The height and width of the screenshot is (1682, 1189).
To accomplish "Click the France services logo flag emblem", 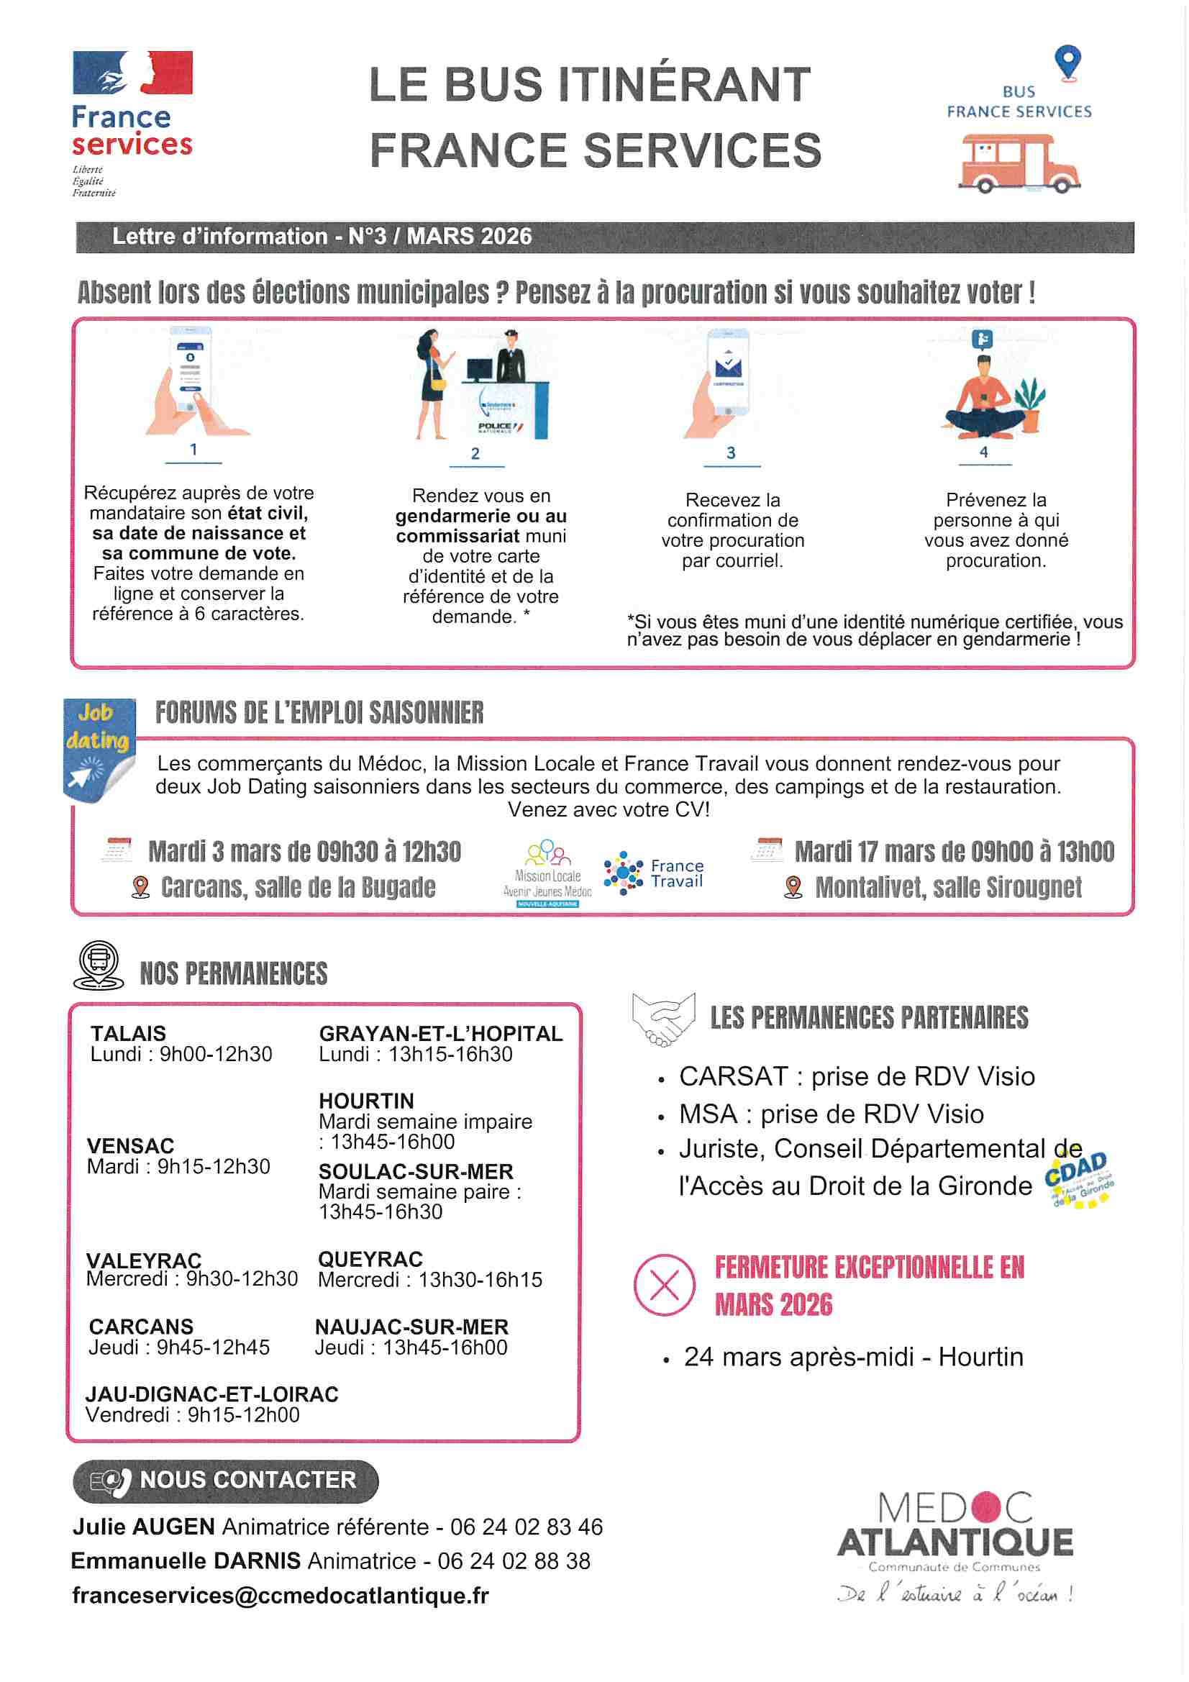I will coord(132,73).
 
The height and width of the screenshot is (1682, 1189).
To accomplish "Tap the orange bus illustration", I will coord(1019,163).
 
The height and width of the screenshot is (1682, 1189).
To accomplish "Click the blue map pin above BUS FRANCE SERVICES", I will coord(1067,63).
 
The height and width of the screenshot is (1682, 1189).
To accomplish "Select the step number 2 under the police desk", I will coord(475,453).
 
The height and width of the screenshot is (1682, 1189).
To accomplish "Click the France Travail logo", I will coord(653,873).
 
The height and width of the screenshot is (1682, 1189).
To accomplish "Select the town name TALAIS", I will coord(128,1034).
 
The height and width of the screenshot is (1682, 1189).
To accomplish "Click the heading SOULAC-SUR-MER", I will coord(416,1171).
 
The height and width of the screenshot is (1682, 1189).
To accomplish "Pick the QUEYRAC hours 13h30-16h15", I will coord(480,1280).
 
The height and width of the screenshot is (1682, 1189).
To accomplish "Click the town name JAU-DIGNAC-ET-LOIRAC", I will coord(211,1394).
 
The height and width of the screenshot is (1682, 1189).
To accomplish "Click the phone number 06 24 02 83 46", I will coord(526,1527).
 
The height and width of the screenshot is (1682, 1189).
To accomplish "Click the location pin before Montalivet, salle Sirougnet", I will coord(793,887).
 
